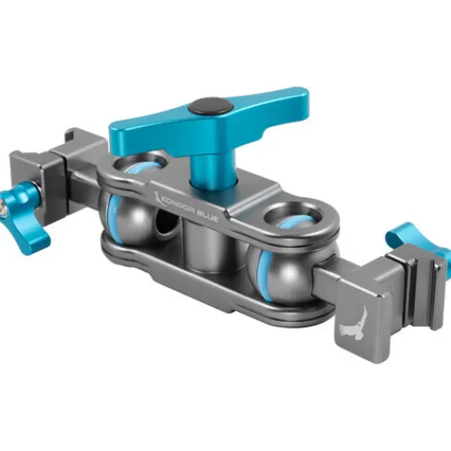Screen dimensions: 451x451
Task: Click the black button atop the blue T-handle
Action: pyautogui.click(x=211, y=107)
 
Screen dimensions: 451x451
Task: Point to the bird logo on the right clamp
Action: pyautogui.click(x=352, y=327)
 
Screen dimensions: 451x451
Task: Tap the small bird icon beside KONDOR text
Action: pyautogui.click(x=157, y=196)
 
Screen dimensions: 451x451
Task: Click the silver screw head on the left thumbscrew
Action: pyautogui.click(x=4, y=208)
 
